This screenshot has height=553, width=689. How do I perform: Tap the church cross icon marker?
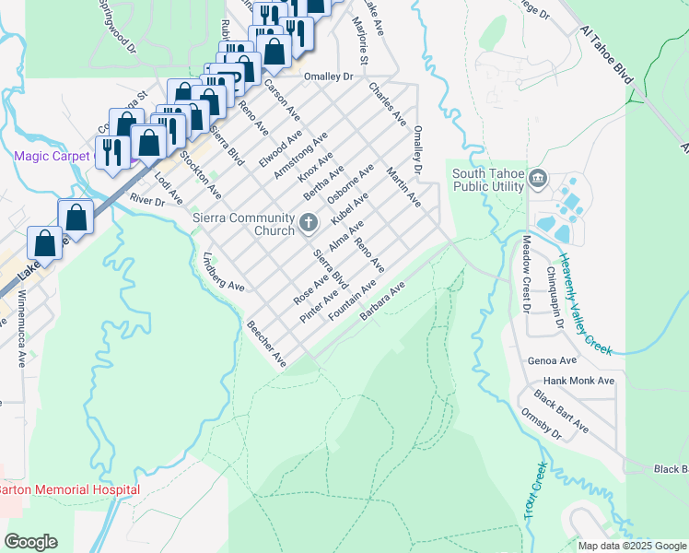pos(309,221)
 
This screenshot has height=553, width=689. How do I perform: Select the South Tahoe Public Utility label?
pos(487,180)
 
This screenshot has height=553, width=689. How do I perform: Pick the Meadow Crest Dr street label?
pos(527,274)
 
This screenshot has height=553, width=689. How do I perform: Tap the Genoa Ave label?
pos(547,360)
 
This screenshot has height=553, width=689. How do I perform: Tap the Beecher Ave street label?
pos(266,344)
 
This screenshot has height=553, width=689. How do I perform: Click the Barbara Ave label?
pos(382,302)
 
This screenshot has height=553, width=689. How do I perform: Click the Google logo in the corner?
pos(30,541)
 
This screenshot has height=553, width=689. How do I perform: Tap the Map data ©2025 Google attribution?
pos(631,545)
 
